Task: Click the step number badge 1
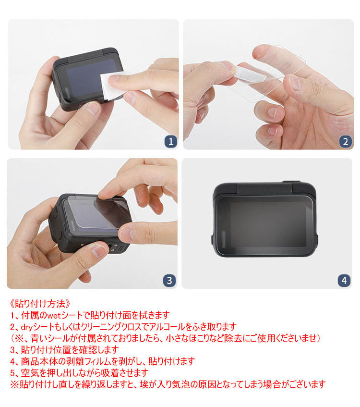point(171,141)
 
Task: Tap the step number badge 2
point(346,141)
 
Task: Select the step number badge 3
point(169,280)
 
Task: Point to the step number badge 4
point(344,280)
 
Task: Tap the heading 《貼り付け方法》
point(40,303)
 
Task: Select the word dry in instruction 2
point(27,327)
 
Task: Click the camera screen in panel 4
point(264,225)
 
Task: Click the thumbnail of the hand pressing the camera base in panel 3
point(99,251)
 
